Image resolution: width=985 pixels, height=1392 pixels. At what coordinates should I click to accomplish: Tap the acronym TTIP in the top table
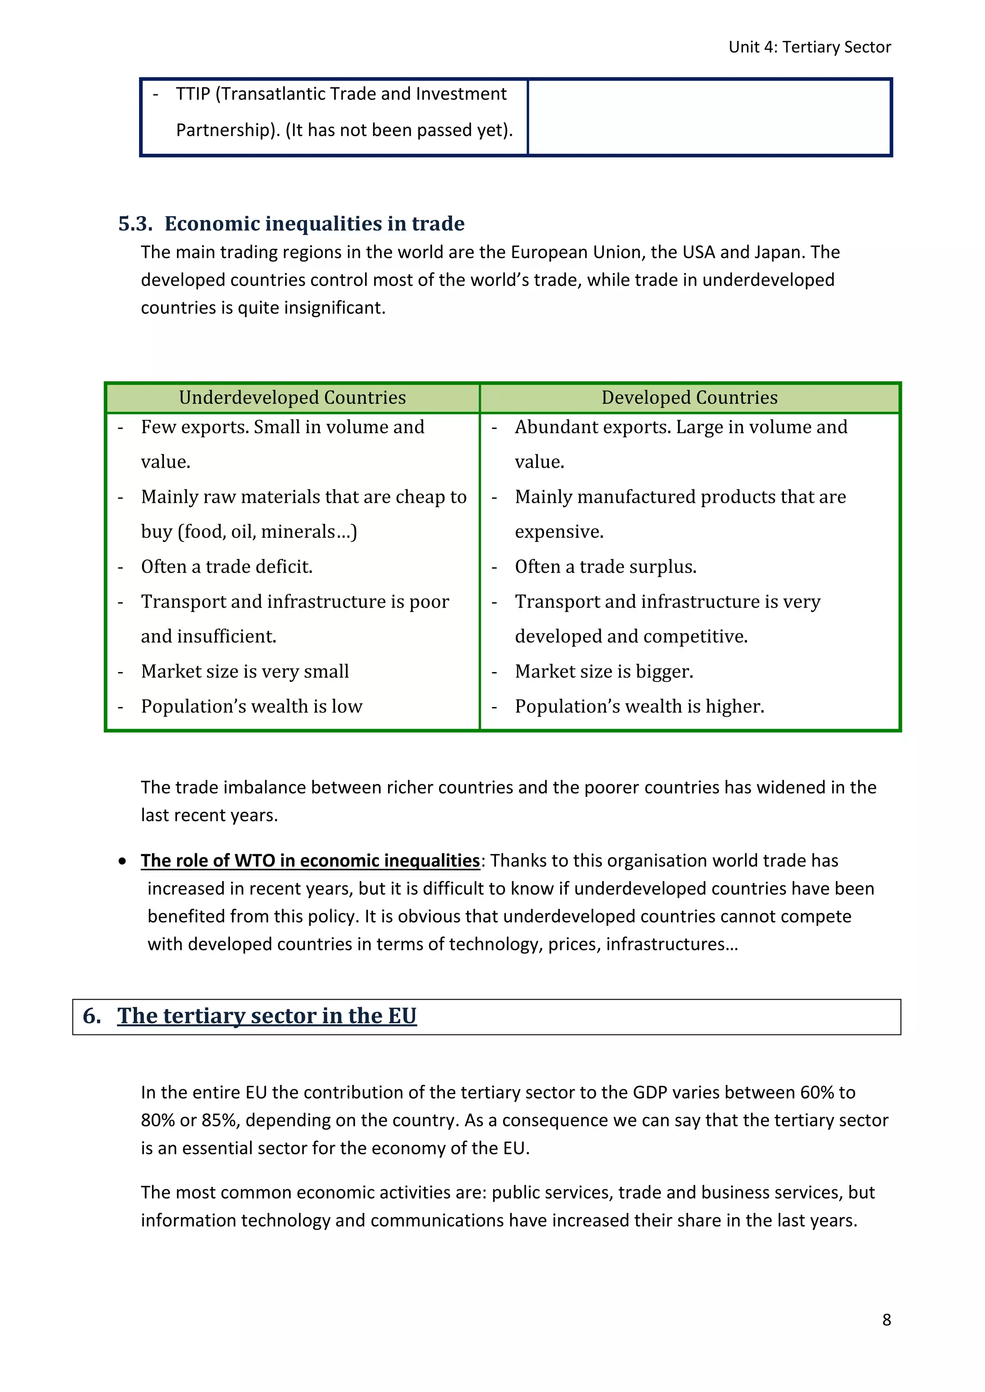pos(193,94)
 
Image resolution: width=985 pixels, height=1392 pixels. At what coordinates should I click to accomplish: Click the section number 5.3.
pos(135,224)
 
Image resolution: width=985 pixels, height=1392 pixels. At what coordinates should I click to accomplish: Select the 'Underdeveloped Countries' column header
pos(292,398)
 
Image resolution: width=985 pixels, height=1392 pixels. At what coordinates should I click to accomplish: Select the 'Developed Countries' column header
pos(689,398)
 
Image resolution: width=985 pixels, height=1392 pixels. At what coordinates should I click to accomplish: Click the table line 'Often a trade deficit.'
pos(227,567)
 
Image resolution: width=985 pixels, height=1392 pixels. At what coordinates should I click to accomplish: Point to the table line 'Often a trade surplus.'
pos(606,567)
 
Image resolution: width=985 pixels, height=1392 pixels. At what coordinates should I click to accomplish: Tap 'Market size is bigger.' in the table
pos(604,672)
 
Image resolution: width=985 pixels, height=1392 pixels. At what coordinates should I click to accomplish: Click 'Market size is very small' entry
pos(244,672)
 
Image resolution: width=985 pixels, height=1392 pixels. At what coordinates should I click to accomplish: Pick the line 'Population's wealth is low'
pos(251,707)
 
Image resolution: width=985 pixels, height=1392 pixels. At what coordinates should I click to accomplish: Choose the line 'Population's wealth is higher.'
pos(639,707)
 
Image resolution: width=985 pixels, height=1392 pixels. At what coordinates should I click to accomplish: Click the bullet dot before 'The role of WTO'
pos(123,861)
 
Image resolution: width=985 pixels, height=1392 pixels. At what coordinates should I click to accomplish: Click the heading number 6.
pos(91,1016)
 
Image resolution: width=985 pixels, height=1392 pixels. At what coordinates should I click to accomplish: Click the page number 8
pos(886,1320)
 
